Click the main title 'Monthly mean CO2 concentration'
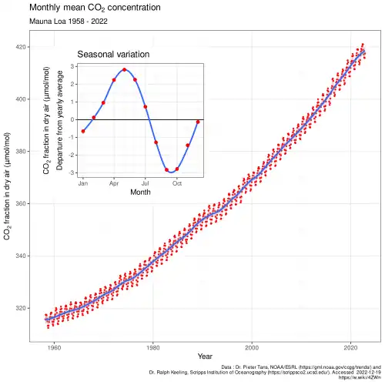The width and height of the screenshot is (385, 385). click(x=95, y=8)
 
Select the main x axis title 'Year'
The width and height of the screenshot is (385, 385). click(x=205, y=357)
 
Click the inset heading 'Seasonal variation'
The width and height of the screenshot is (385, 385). click(x=113, y=55)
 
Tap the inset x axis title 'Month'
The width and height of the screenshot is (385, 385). click(x=140, y=192)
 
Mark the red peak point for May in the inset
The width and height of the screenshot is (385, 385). click(x=124, y=70)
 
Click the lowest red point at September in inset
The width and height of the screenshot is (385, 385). click(x=166, y=170)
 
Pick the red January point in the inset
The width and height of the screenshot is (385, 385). click(x=82, y=132)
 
